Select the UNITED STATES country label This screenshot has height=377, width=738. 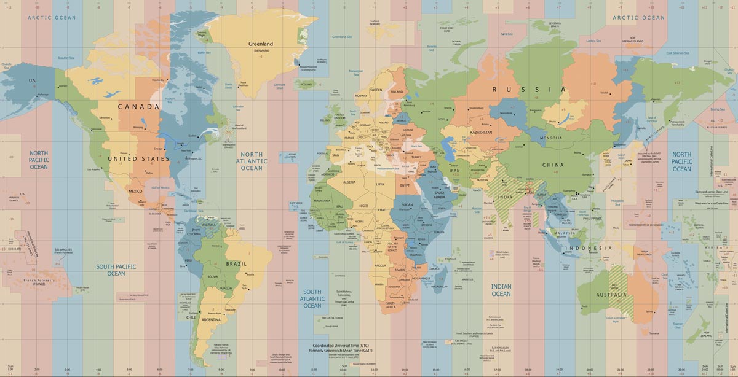(x=138, y=159)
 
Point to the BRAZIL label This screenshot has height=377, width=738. (x=236, y=264)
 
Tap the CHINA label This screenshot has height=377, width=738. (x=552, y=165)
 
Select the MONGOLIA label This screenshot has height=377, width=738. (x=550, y=138)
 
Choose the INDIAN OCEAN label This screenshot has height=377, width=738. (x=501, y=290)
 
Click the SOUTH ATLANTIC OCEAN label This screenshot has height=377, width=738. (x=312, y=298)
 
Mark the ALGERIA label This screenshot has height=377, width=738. (x=349, y=182)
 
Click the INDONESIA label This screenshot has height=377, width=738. (x=589, y=248)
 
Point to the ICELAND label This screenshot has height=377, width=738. (x=306, y=85)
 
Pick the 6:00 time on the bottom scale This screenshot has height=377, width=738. (x=159, y=370)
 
